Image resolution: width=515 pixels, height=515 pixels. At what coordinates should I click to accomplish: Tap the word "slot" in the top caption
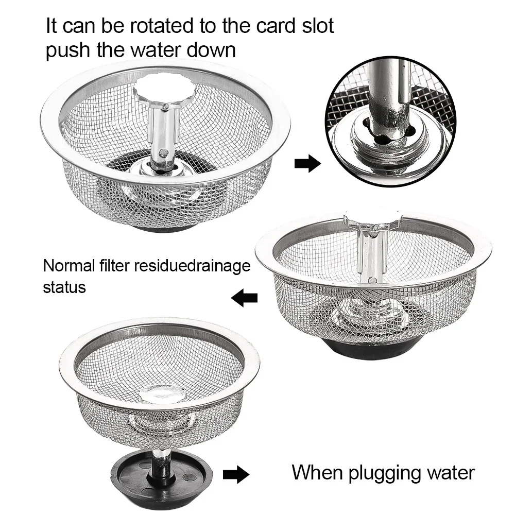[x=318, y=26]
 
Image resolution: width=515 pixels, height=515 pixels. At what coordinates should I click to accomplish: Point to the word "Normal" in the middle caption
[x=69, y=265]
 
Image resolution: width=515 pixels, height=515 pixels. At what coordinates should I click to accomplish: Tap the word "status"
[x=64, y=287]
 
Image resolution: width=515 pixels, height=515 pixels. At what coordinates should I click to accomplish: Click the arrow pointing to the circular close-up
[x=307, y=163]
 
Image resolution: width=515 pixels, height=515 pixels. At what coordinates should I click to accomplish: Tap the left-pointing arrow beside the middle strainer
[x=244, y=298]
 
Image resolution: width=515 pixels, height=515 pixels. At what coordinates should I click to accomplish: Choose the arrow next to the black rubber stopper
[x=236, y=474]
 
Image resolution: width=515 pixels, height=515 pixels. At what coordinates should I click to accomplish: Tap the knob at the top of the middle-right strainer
[x=373, y=220]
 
